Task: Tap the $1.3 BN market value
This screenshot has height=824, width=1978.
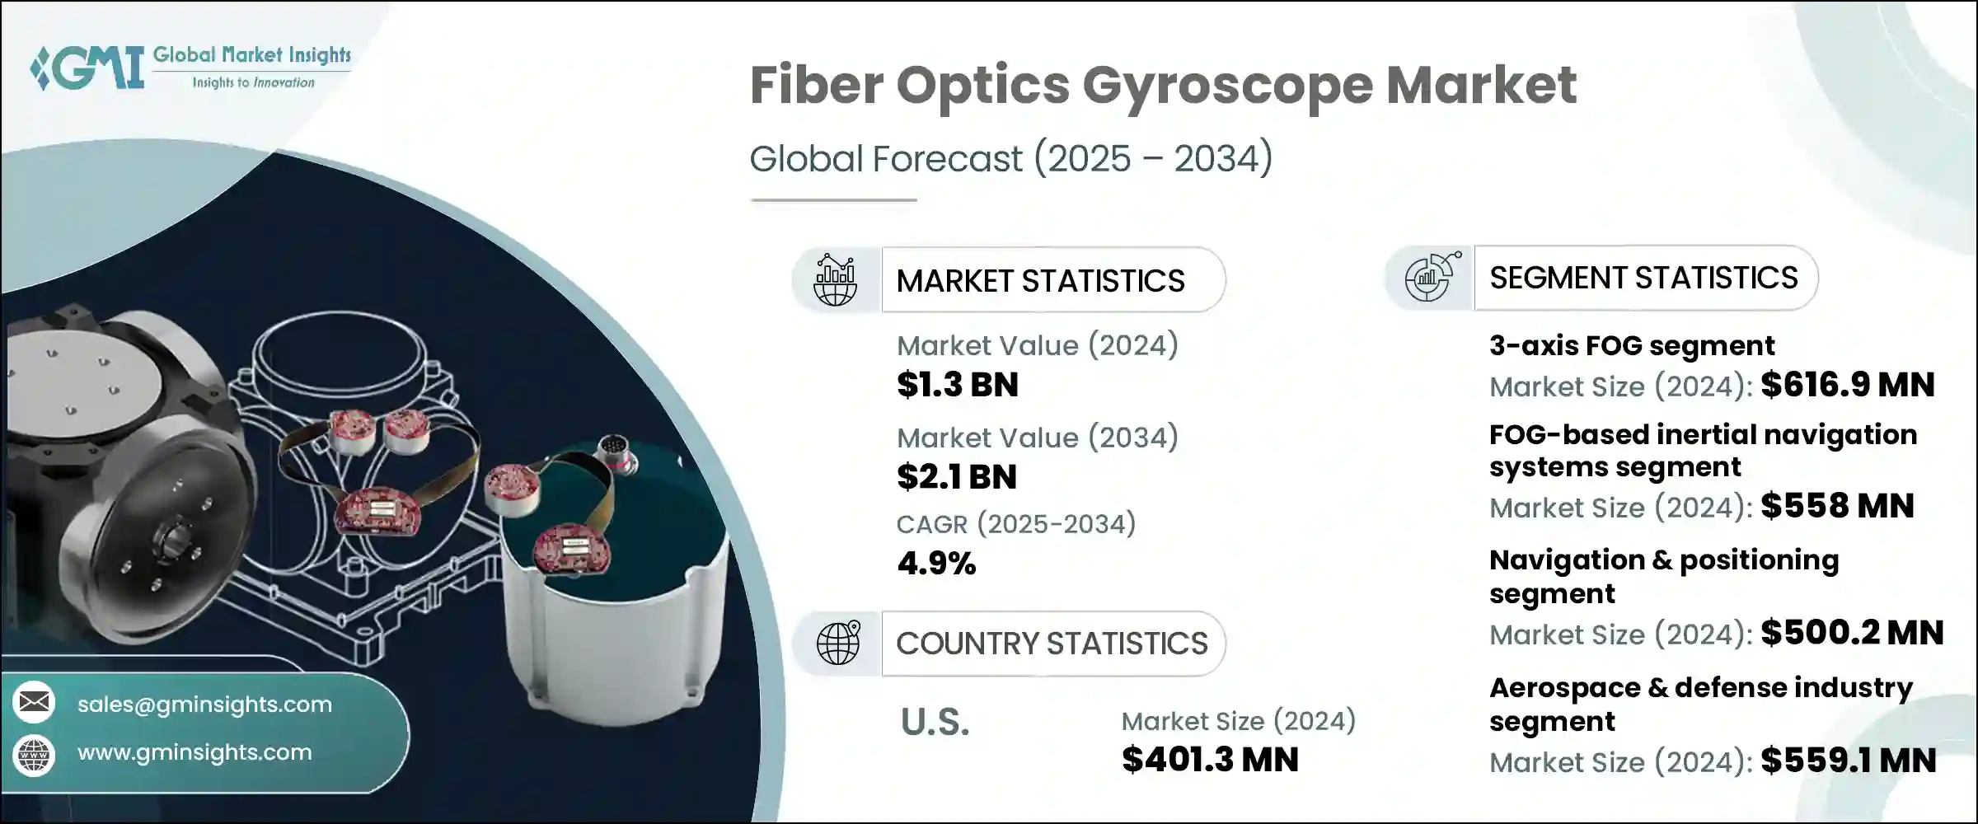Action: coord(958,385)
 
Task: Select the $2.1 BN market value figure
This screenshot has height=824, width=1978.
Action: coord(957,477)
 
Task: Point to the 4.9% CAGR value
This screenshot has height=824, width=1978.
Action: coord(936,564)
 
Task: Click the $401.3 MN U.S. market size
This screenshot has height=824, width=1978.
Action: coord(1210,760)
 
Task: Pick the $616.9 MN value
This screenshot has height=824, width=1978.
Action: coord(1848,385)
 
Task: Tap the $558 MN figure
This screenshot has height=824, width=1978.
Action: coord(1837,506)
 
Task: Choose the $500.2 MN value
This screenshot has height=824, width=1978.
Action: coord(1852,633)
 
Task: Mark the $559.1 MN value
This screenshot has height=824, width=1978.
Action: coord(1849,761)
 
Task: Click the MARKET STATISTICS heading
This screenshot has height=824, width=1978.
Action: coord(1040,281)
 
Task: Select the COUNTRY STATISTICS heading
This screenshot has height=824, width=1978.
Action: coord(1052,644)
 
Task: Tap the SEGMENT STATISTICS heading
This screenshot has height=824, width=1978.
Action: coord(1643,278)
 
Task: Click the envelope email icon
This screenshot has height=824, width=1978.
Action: coord(35,702)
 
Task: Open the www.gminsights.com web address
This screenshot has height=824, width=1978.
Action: coord(195,752)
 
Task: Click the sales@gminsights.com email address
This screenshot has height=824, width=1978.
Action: coord(204,705)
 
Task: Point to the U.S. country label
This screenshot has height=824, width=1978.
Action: coord(935,723)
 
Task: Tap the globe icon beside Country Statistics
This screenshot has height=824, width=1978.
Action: coord(838,643)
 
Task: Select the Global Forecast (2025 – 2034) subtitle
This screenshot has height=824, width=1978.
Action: coord(1010,158)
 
